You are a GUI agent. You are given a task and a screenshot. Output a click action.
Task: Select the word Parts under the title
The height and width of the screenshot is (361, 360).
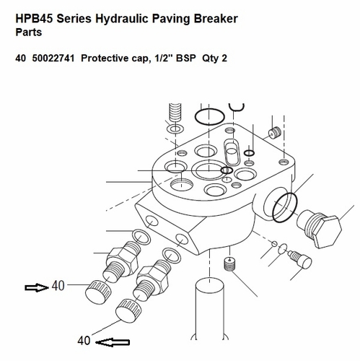[30, 32]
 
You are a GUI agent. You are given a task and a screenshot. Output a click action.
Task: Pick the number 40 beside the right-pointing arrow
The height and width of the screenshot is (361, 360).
[58, 286]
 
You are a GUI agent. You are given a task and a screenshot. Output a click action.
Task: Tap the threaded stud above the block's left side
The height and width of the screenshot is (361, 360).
[173, 115]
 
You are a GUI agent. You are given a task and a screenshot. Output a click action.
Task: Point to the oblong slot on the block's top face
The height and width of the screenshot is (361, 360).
[233, 153]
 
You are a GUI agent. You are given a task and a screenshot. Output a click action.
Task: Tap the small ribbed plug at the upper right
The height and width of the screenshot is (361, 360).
[273, 133]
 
